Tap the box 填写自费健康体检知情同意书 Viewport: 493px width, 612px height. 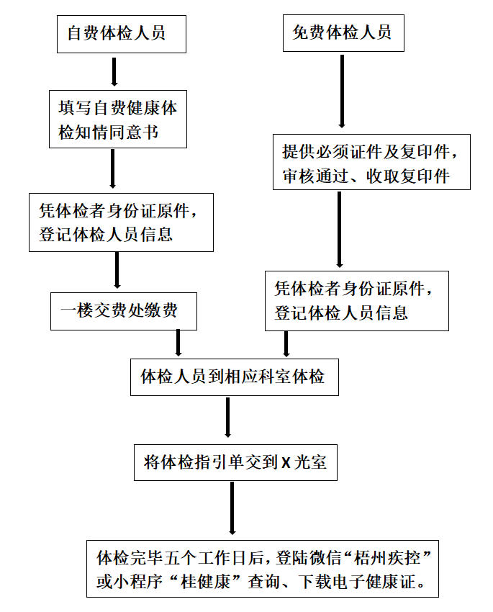point(119,119)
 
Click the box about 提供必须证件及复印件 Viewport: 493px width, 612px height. point(371,162)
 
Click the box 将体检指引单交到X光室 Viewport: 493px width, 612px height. point(235,462)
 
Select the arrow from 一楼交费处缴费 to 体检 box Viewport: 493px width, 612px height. point(178,342)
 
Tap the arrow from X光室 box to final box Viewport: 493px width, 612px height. point(231,508)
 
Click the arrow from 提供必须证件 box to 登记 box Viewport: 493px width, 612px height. point(339,230)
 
